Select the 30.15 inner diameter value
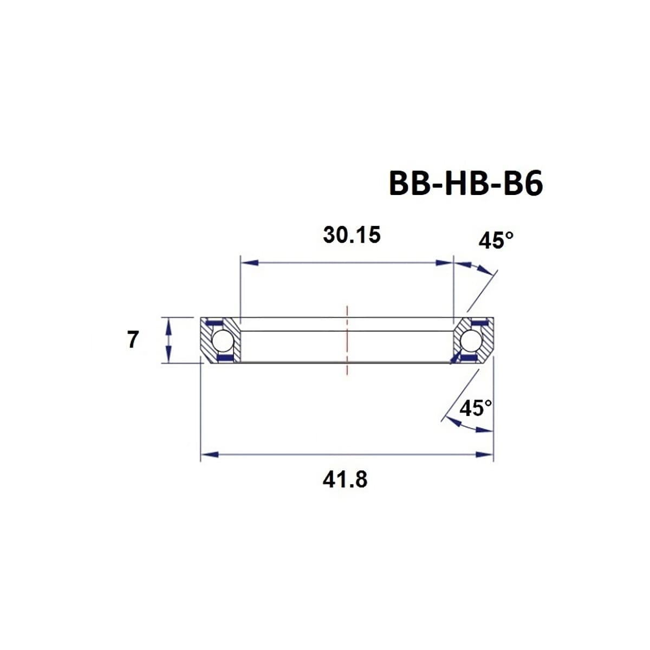pyautogui.click(x=352, y=235)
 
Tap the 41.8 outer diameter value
pyautogui.click(x=345, y=479)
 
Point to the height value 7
pyautogui.click(x=133, y=340)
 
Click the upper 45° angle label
pyautogui.click(x=496, y=240)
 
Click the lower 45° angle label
pyautogui.click(x=476, y=408)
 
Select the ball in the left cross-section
pyautogui.click(x=222, y=341)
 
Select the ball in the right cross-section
pyautogui.click(x=471, y=341)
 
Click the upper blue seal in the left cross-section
pyautogui.click(x=215, y=323)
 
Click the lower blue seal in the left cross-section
pyautogui.click(x=224, y=358)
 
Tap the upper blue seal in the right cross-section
pyautogui.click(x=478, y=323)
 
